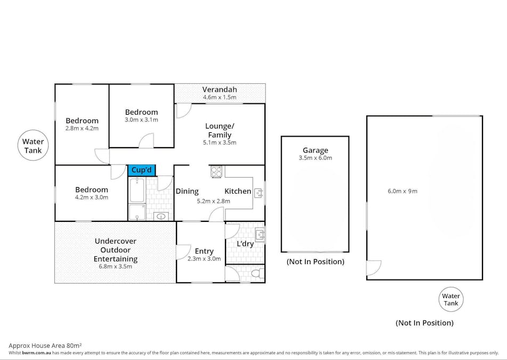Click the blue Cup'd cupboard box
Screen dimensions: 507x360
[142, 170]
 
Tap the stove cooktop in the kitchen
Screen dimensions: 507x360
[216, 172]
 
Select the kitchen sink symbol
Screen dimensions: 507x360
[259, 193]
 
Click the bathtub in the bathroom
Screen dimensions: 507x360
[137, 189]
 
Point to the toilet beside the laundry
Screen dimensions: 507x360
[257, 274]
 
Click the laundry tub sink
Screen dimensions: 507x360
[260, 235]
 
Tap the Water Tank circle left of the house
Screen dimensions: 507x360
[33, 146]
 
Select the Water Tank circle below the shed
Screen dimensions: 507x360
[450, 300]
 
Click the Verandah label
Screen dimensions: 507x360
[220, 89]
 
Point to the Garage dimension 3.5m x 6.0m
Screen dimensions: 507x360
[315, 158]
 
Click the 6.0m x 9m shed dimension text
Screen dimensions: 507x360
[403, 191]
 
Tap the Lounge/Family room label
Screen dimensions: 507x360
[220, 130]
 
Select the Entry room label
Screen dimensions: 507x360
[204, 251]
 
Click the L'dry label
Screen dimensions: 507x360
[245, 244]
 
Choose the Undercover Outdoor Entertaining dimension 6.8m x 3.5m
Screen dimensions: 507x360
[116, 267]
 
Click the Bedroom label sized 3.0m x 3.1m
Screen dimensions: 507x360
[141, 112]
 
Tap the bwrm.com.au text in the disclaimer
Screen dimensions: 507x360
[37, 353]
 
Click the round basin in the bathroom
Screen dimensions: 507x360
[160, 217]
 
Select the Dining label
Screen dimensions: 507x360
[187, 191]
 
